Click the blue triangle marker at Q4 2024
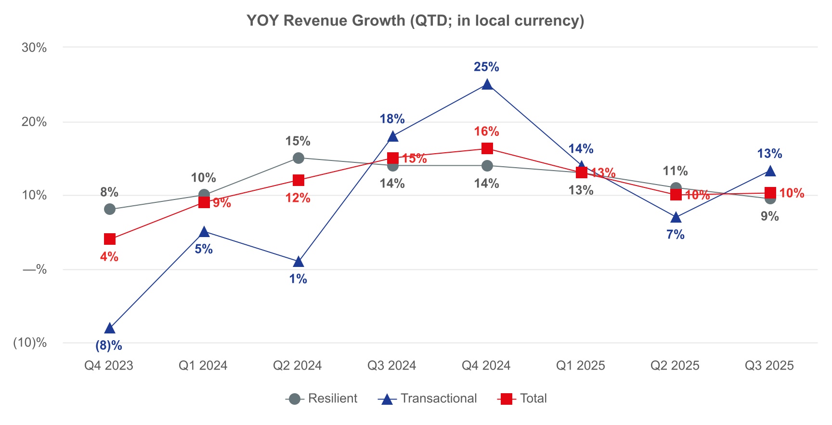tap(487, 85)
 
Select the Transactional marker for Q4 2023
tap(110, 329)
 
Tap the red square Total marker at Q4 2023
tap(110, 239)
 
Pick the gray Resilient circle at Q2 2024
tap(298, 158)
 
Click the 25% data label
tap(486, 67)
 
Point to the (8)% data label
tap(109, 345)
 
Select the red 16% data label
tap(486, 132)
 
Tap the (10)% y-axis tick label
tap(30, 343)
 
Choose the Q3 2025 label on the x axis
tap(769, 366)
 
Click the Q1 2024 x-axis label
tap(203, 366)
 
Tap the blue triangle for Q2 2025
tap(676, 218)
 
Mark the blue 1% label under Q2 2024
tap(298, 279)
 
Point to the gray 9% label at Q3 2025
tap(769, 216)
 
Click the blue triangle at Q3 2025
tap(770, 172)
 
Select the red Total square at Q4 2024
tap(487, 148)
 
